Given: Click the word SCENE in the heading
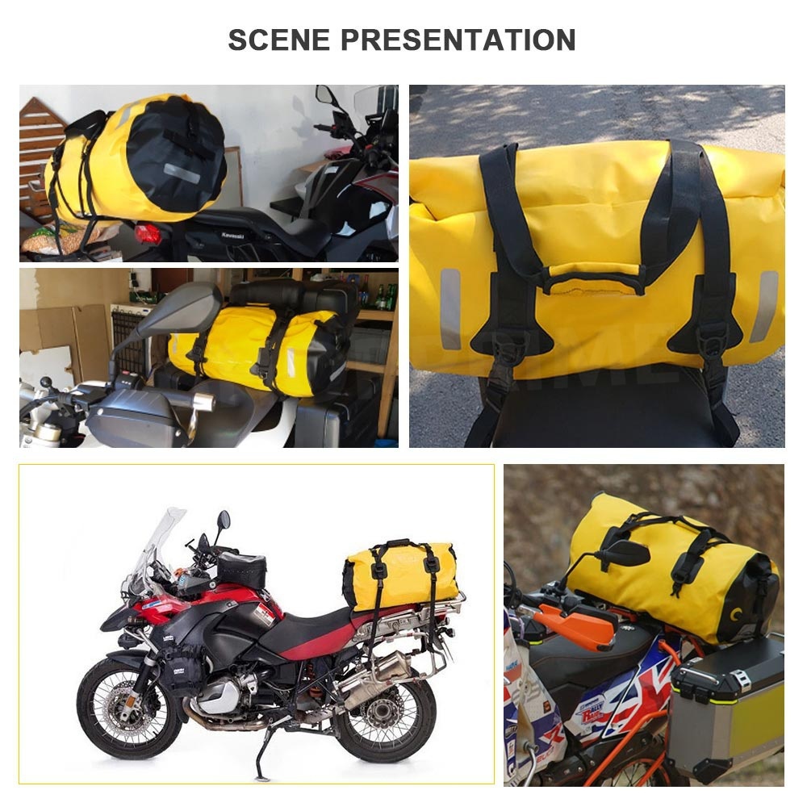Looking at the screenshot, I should [x=278, y=40].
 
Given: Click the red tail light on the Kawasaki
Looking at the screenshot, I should [x=148, y=234].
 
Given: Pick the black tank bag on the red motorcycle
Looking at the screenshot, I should [x=241, y=568].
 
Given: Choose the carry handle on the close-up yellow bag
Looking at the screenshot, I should [x=596, y=282].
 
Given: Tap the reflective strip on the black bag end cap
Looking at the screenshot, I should [x=182, y=172].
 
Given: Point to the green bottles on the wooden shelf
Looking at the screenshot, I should [x=386, y=297].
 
